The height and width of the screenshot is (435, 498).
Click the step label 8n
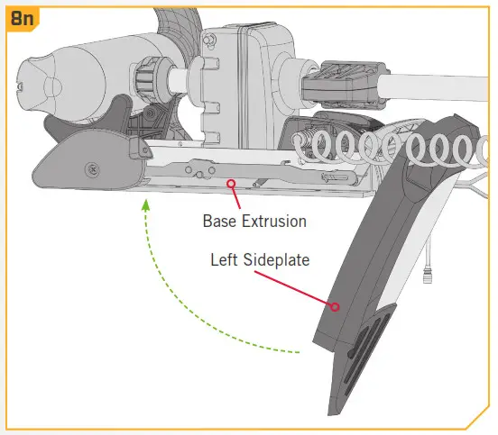[22, 18]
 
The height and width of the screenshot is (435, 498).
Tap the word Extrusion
[274, 221]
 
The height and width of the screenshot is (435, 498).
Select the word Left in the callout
[224, 259]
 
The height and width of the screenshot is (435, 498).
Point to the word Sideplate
[276, 260]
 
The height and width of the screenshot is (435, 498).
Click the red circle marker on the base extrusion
[231, 183]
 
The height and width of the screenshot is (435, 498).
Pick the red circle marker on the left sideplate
[335, 306]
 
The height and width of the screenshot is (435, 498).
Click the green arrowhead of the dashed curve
[145, 205]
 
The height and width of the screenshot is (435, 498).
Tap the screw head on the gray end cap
[92, 169]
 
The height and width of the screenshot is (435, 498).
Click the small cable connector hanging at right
[428, 276]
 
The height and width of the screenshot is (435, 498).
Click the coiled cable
[391, 148]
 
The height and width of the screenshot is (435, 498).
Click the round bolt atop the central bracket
[207, 40]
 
